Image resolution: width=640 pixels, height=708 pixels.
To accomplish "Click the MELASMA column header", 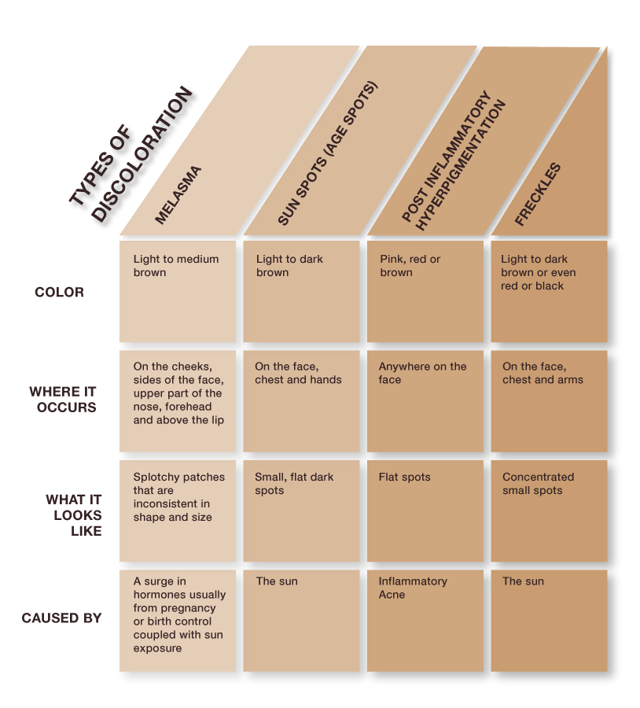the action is point(178,195).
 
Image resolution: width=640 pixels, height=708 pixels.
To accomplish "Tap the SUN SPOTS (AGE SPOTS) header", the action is point(327,153).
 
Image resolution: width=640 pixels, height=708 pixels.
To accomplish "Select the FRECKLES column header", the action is point(538,194).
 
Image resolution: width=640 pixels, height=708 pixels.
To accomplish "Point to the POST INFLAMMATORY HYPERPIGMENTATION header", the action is point(453,160).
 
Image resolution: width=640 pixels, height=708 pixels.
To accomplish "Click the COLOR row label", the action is point(59,292).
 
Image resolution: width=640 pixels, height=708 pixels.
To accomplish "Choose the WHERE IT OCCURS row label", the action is point(63,399).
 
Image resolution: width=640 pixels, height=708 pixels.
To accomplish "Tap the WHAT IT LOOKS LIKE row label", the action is point(74,515).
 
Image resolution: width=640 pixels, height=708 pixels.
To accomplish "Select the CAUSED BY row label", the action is point(61,618).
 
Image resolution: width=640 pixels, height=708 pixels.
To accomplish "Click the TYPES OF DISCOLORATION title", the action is point(131,154).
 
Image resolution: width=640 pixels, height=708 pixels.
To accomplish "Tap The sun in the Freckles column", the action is point(523,581).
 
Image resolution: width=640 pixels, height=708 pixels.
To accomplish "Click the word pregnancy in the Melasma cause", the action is point(189,608).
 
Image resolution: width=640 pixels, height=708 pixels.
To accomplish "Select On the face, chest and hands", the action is point(298,373).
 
